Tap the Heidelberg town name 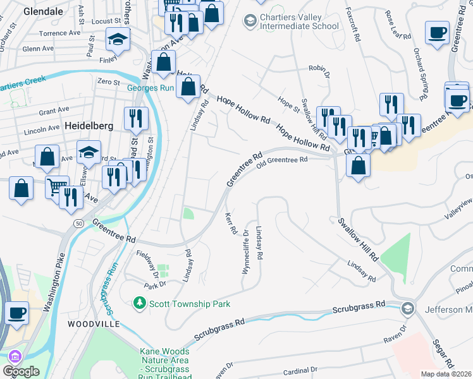(89, 126)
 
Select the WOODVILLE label (94, 323)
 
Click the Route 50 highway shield (78, 224)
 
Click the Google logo (21, 371)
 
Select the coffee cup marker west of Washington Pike (17, 313)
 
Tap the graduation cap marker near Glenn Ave (118, 40)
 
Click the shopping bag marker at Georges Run (188, 87)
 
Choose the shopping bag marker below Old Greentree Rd (359, 165)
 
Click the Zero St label (108, 81)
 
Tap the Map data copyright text (446, 374)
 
